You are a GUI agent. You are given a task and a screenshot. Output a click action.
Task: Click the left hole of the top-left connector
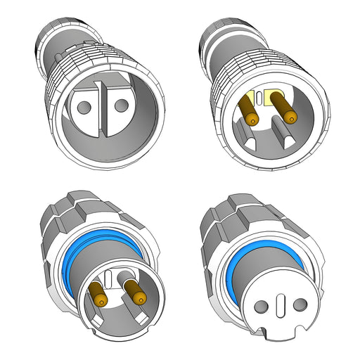pos(84,108)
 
